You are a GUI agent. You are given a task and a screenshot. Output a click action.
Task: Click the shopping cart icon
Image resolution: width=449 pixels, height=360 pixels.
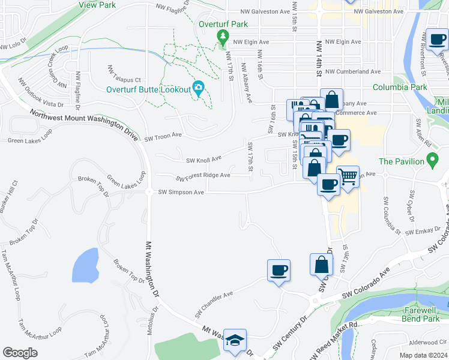click(348, 176)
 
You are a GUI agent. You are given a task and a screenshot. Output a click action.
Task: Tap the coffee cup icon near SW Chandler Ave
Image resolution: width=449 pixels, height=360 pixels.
click(279, 270)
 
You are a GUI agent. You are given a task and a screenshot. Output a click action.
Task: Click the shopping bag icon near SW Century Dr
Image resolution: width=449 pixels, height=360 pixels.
click(321, 264)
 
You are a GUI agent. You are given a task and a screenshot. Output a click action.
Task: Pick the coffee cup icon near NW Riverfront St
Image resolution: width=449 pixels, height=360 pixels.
click(438, 40)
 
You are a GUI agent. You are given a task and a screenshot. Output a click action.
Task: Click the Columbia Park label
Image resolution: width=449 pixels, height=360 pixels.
click(400, 87)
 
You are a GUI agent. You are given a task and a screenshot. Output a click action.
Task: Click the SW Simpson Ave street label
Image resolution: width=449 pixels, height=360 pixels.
click(182, 192)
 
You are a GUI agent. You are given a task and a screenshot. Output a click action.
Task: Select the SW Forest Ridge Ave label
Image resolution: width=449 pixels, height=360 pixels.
click(203, 177)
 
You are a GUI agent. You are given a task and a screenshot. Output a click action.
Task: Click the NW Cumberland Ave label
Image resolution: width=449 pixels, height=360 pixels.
click(349, 71)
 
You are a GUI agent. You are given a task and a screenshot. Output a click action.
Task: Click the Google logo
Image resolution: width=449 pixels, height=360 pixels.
click(20, 352)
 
